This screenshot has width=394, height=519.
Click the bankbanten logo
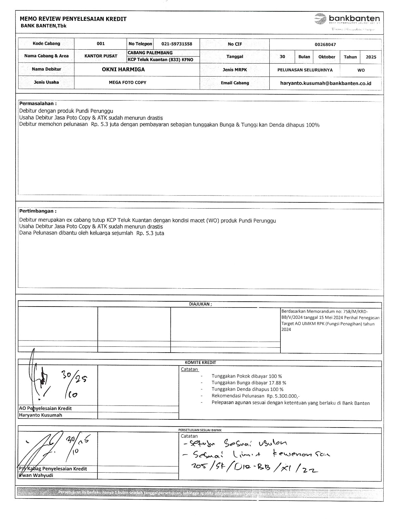point(347,19)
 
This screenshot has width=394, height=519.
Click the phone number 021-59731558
point(177,44)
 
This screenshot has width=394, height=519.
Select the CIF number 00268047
point(325,44)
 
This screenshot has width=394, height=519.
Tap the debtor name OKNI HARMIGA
point(123,69)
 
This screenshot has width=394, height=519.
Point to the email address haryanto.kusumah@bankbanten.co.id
point(326,83)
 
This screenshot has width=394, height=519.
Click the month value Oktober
point(326,57)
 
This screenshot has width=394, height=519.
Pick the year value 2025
point(371,57)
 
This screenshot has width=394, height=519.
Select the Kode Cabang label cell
point(46,43)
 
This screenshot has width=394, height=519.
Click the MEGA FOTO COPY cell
point(128,82)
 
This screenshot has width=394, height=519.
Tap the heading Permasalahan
point(38,103)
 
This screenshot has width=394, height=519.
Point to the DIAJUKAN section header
point(200,304)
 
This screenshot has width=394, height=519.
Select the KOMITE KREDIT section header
point(200,362)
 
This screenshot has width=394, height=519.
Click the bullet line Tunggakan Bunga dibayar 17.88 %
point(249,383)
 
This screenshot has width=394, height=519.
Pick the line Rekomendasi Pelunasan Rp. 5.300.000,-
point(255,396)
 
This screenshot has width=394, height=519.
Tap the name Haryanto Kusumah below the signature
point(41,415)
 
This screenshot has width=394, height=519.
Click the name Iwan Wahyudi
point(36,475)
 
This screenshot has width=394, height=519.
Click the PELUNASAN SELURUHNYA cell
point(305,70)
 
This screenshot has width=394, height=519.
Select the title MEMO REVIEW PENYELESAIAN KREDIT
point(73,19)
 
